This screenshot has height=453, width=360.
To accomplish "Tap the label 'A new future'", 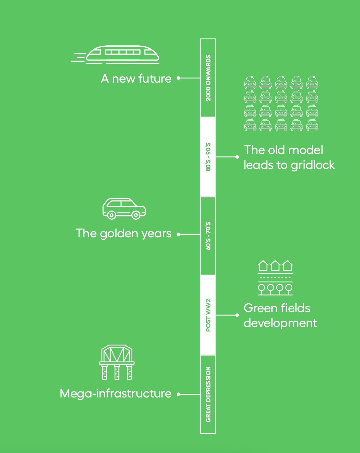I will (136, 79).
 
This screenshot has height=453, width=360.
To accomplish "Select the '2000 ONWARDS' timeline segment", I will (208, 78).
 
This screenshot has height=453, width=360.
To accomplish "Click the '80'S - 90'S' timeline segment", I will (208, 157).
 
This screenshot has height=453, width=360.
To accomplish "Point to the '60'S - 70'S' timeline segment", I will (208, 236).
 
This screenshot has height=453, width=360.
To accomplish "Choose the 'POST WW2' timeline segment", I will (208, 315).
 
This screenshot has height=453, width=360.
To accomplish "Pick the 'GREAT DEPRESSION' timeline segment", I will (208, 394).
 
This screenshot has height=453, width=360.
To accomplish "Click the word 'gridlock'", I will (313, 165).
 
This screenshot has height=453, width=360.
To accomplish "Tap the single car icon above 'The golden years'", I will (124, 209).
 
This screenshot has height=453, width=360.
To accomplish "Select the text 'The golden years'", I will (123, 234).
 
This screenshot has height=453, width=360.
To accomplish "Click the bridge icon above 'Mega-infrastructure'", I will (117, 362).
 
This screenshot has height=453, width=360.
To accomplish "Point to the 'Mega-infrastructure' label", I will (115, 394).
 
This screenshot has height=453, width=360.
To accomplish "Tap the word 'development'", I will (280, 323).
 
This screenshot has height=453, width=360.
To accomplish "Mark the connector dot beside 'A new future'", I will (178, 78).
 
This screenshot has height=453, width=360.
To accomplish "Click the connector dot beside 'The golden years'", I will (178, 234).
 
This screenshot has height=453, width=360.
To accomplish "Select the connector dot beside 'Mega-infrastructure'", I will (178, 394).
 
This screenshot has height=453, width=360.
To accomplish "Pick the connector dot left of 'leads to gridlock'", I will (237, 157).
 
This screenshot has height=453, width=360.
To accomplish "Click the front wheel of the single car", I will (136, 215).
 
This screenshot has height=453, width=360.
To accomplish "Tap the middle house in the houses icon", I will (275, 266).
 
